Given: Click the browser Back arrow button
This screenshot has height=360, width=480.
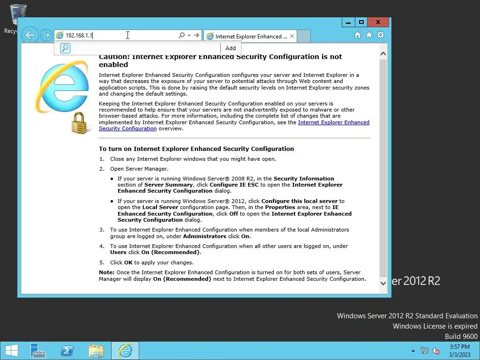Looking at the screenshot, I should pos(30,35).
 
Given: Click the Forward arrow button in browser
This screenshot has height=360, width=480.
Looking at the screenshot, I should pos(45,35).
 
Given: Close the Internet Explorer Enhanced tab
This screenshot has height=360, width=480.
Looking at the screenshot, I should pos(292,36).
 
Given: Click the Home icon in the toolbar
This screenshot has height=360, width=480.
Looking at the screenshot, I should pos(358,35).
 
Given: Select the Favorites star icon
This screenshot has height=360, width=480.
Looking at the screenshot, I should pos(369,35).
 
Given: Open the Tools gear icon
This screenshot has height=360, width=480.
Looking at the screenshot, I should pos(380,35).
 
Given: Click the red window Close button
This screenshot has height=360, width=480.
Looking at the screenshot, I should pos(377,22).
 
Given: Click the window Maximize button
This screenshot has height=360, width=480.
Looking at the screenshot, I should pos(361,22).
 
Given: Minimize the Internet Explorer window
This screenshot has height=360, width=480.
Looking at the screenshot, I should pos(348,22).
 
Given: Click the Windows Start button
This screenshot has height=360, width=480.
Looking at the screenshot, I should pos(11,350).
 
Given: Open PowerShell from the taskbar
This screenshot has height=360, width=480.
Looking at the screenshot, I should pos(67,350).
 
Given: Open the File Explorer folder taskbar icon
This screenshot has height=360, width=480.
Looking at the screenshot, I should pos(96,350).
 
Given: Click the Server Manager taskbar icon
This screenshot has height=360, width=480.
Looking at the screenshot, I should pos(37,350).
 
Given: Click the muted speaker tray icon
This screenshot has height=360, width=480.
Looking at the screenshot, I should pos(436,350).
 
